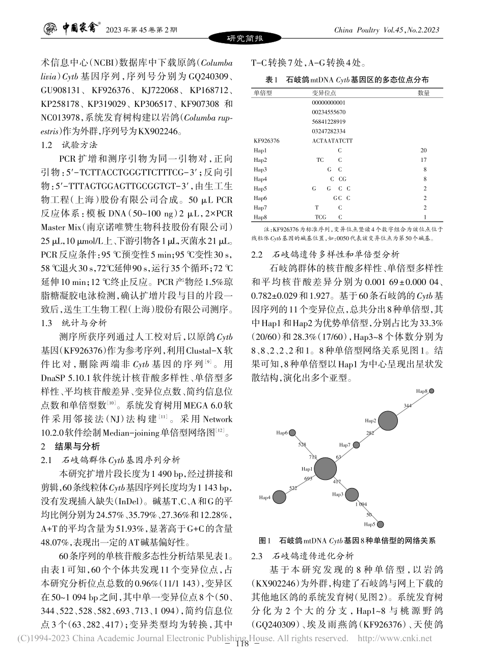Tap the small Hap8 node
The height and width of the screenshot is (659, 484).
tap(432, 391)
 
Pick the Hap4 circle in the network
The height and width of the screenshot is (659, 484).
tap(280, 497)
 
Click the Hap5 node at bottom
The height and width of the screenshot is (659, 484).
tap(380, 524)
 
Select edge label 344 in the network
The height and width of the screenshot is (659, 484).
tap(408, 406)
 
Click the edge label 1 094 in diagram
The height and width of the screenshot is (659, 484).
tap(361, 504)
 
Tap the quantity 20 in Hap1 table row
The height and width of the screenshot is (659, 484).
tap(423, 150)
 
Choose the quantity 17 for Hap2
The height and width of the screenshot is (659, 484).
tap(423, 160)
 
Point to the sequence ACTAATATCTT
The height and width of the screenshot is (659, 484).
tap(332, 140)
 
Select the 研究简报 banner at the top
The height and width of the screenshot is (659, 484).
tap(245, 39)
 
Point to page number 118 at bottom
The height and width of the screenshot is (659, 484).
tap(243, 644)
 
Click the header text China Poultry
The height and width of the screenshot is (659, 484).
tap(356, 30)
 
